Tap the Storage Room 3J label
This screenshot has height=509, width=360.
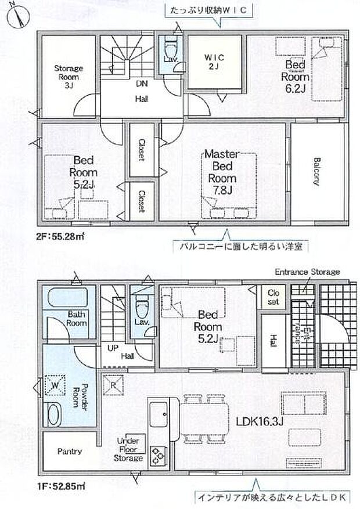(x=69, y=77)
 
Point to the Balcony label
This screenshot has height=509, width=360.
(x=317, y=171)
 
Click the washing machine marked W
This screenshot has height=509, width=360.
(x=56, y=385)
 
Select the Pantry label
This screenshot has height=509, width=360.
(x=69, y=452)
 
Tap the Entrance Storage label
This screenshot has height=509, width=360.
(x=307, y=272)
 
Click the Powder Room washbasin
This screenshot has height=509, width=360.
(x=53, y=414)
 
